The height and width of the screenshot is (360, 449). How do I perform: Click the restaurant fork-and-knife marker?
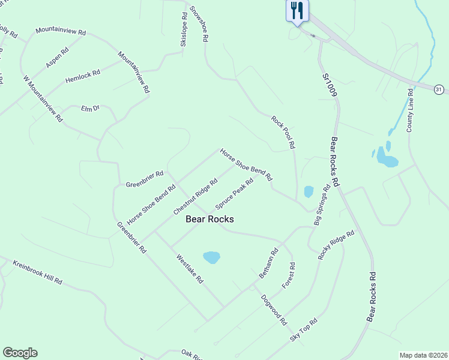click(x=297, y=11)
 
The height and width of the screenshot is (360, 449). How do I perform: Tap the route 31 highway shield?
click(x=439, y=89)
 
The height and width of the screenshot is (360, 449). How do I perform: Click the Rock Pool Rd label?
click(x=283, y=132)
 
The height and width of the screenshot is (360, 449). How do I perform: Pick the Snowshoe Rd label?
click(x=199, y=23)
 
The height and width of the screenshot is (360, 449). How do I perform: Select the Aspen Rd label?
click(x=58, y=58)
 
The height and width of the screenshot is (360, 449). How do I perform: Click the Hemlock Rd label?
click(x=83, y=76)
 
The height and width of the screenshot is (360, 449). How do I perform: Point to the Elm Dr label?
click(x=89, y=109)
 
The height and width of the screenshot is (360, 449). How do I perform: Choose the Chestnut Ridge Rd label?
click(x=195, y=197)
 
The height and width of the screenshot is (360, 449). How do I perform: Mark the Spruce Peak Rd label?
click(x=234, y=193)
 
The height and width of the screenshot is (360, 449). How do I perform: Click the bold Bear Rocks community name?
click(x=209, y=220)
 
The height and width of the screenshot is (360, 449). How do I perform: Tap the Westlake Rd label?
click(x=190, y=269)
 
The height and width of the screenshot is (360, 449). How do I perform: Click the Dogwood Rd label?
click(x=273, y=310)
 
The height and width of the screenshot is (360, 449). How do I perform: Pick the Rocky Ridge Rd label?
click(x=337, y=245)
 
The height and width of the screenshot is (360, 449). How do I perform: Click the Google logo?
click(x=20, y=353)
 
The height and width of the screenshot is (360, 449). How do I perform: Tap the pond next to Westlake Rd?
click(x=211, y=257)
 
